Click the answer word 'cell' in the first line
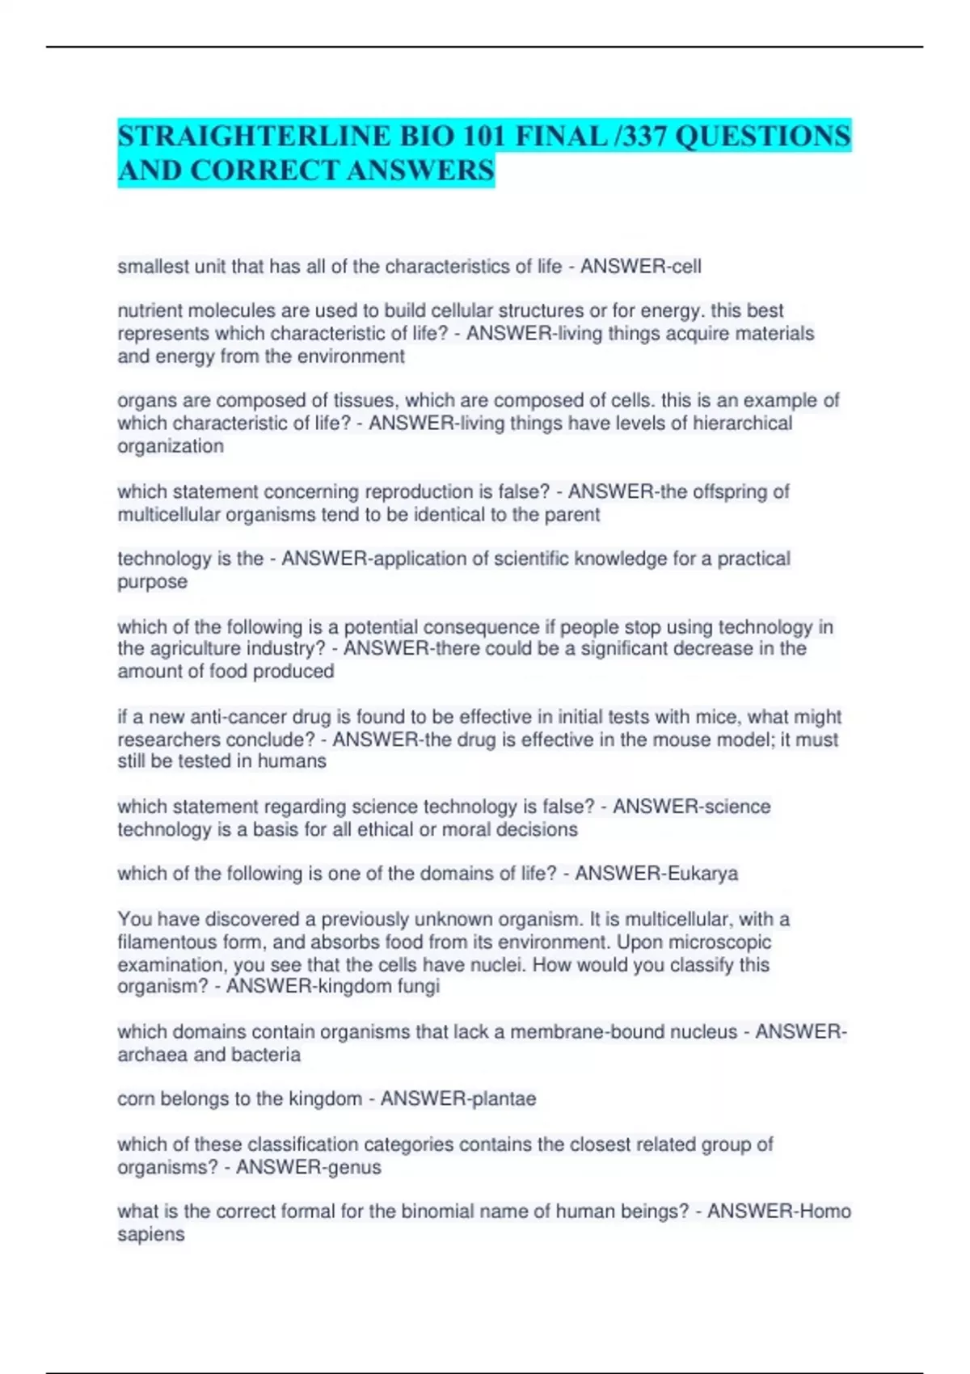pyautogui.click(x=685, y=267)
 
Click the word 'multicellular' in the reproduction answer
pyautogui.click(x=169, y=515)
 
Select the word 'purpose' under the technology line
pyautogui.click(x=152, y=582)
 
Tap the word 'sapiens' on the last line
pyautogui.click(x=151, y=1235)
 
